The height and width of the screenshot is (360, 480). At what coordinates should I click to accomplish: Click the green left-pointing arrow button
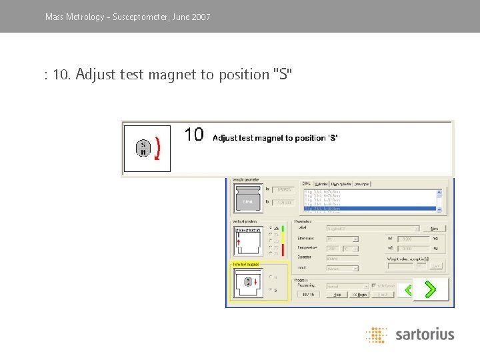(x=408, y=290)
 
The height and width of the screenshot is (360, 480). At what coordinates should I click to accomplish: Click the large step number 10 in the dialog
(x=194, y=135)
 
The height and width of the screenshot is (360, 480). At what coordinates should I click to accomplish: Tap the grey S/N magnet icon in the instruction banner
(x=143, y=148)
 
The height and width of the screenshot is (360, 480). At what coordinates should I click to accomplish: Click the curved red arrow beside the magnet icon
(x=157, y=148)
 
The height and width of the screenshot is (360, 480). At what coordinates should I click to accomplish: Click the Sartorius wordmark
(x=424, y=334)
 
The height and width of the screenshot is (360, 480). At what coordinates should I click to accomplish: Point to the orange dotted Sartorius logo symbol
(x=376, y=335)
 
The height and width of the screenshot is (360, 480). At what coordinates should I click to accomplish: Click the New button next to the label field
(x=434, y=228)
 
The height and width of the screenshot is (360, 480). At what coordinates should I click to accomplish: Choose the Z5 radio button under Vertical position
(x=271, y=229)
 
